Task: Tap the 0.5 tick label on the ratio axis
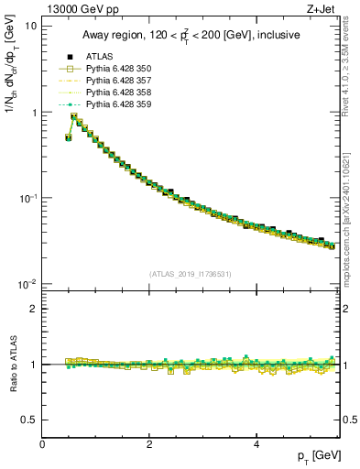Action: click(x=29, y=420)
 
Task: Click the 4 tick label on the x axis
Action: click(x=256, y=444)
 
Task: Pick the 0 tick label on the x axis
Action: click(x=43, y=444)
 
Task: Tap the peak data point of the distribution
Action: click(x=73, y=117)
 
